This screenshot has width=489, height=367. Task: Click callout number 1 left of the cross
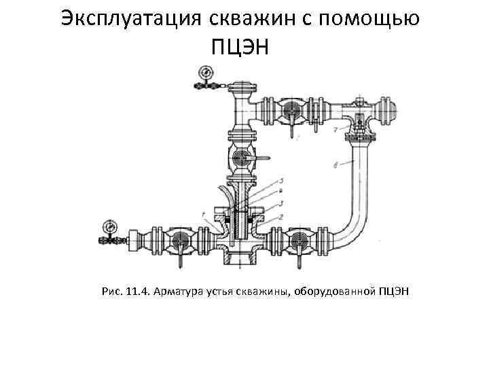(203, 215)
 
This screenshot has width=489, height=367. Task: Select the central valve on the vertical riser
(241, 159)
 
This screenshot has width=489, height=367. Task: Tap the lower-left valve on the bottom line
(179, 241)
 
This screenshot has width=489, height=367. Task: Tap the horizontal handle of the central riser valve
(261, 159)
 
